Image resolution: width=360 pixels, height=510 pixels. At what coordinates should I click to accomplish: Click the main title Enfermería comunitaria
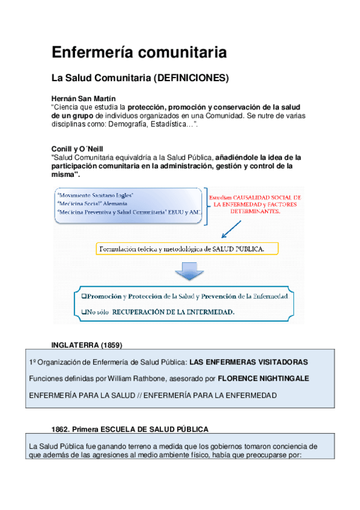click(x=139, y=53)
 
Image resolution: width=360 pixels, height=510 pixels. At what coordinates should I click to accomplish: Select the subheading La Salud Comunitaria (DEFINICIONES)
click(x=139, y=78)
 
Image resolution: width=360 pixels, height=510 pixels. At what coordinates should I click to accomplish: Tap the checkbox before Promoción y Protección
click(x=84, y=296)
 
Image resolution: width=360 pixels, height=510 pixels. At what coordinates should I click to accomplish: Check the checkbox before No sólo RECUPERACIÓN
click(x=84, y=312)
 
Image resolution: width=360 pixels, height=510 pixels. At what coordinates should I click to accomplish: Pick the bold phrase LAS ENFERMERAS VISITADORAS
click(x=249, y=363)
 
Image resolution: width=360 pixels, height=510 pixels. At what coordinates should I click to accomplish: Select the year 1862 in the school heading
click(x=61, y=429)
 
